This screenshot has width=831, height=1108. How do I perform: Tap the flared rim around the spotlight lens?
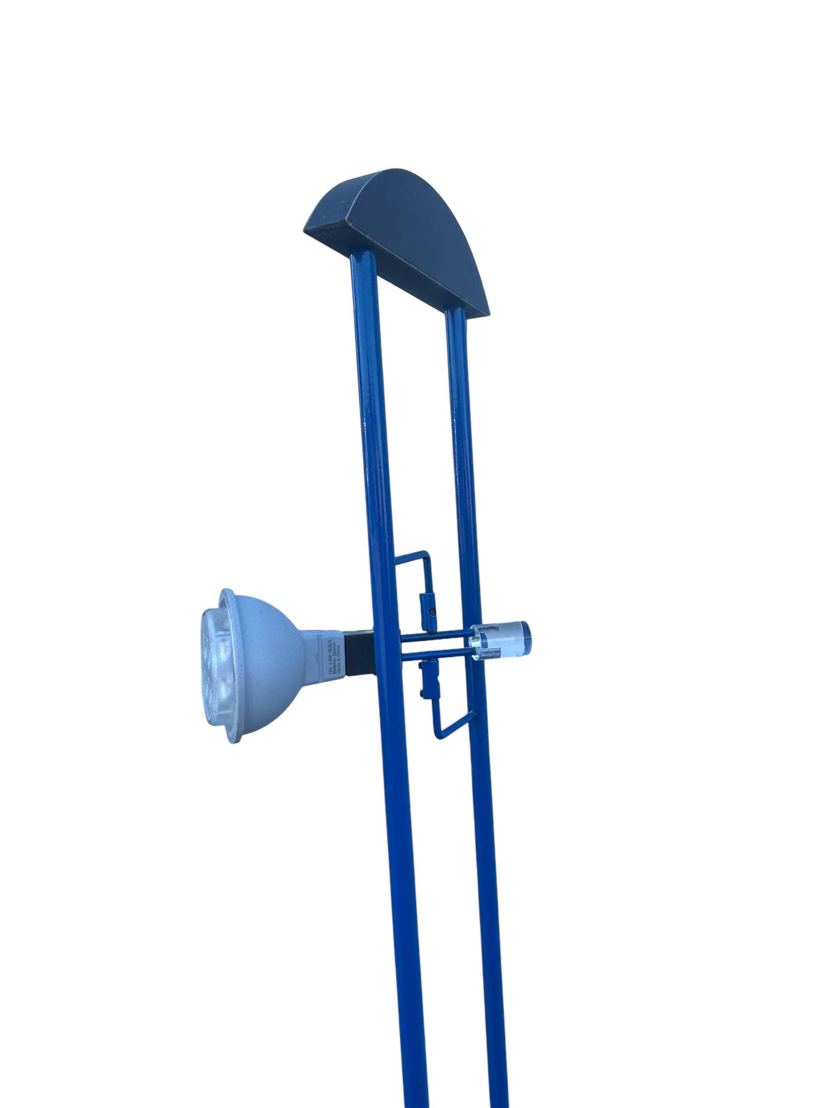click(235, 701)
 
